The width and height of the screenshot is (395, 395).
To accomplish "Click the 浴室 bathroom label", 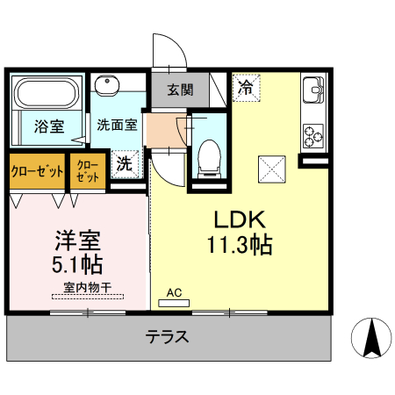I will [x=48, y=126].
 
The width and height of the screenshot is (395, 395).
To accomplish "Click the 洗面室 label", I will [x=117, y=125].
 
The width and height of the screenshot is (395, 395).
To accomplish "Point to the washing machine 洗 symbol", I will [x=126, y=162].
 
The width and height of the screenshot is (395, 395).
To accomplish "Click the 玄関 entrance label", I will [x=181, y=88].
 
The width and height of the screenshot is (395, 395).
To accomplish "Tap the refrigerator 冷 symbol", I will [x=247, y=87].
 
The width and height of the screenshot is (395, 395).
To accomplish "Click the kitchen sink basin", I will [x=314, y=90].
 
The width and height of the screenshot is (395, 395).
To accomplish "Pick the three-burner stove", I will [x=314, y=133].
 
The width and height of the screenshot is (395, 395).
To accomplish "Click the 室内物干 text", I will [x=86, y=287].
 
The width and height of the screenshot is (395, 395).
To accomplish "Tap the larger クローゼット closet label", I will [x=37, y=170].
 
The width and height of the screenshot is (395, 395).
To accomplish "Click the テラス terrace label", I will [x=167, y=336].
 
